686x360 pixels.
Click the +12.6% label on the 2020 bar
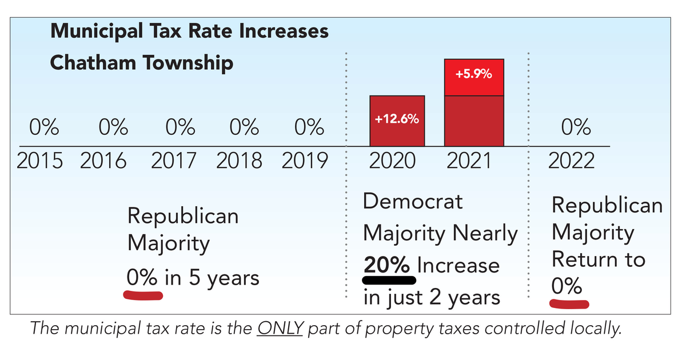pos(397,120)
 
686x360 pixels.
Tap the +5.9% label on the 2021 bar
pos(474,74)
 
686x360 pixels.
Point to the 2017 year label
pos(173,161)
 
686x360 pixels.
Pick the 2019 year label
pos(305,161)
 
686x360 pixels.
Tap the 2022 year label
pos(572,161)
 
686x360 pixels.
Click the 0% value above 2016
pos(111,127)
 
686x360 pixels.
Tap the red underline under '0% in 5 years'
pos(143,295)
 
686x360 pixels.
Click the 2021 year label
pos(468,161)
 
